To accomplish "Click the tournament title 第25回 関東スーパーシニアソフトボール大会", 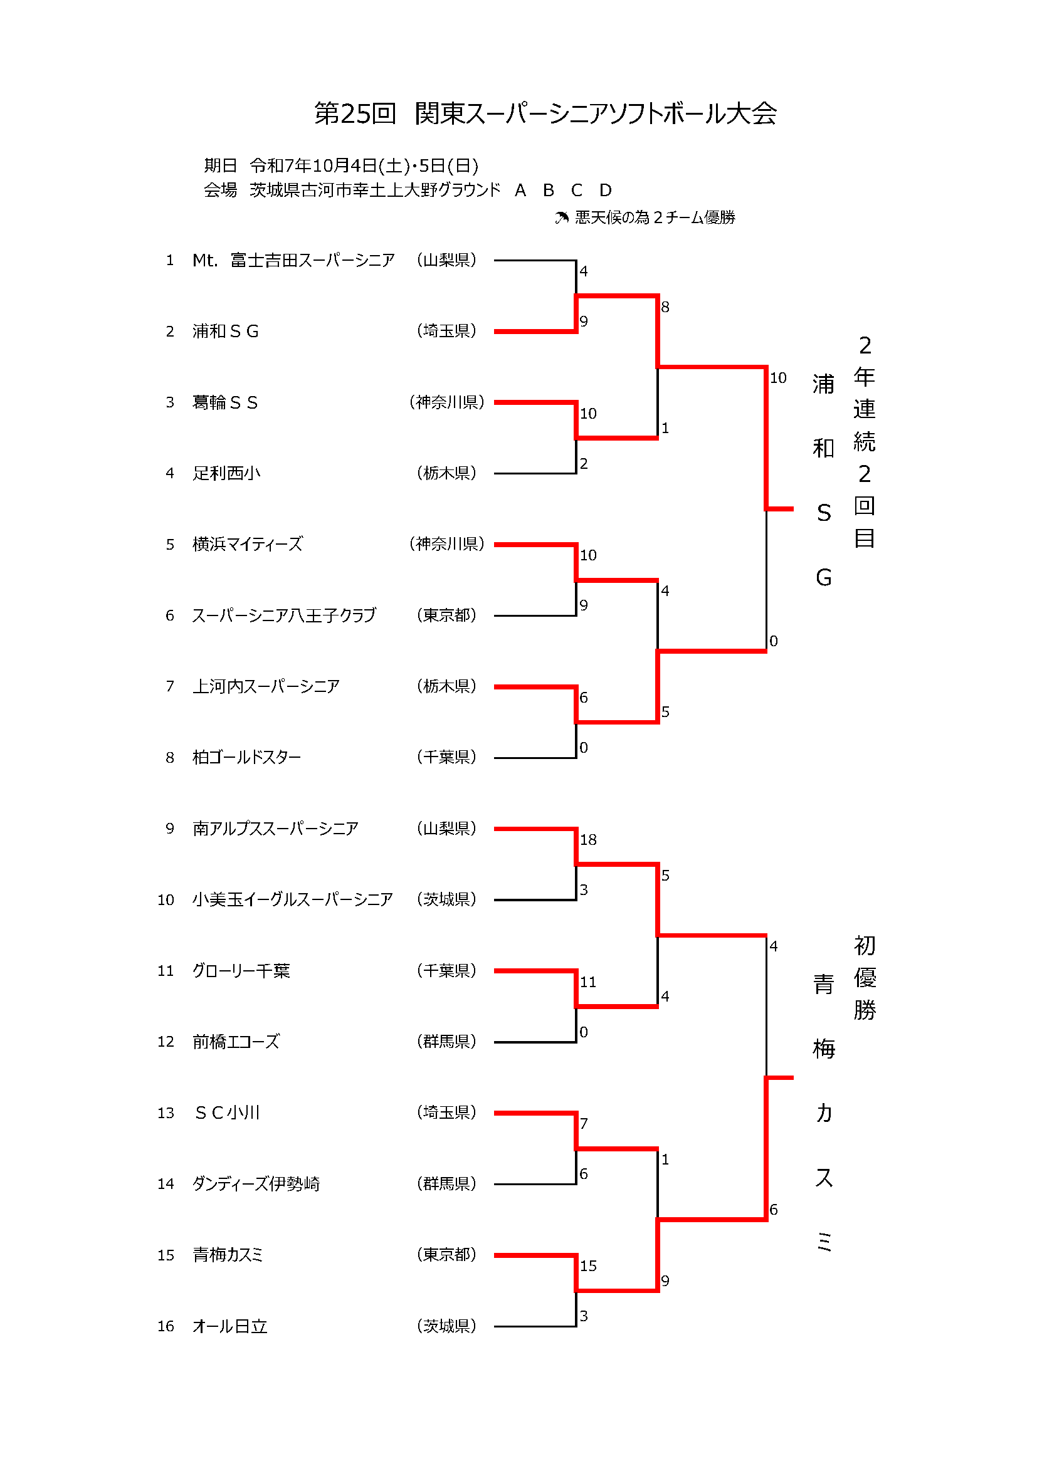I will tap(545, 113).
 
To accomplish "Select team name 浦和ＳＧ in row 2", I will tap(226, 332).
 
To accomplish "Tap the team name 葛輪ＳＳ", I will tap(225, 402).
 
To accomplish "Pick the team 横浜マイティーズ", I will tap(247, 544).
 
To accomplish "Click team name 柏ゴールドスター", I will tap(246, 757).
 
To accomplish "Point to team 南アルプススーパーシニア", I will tap(275, 828).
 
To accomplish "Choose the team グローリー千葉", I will tap(241, 970).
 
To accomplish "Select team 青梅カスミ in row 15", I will tap(228, 1255).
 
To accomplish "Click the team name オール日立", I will tap(230, 1326).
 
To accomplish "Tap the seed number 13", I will tap(166, 1113).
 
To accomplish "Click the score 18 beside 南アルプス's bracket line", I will tap(588, 840).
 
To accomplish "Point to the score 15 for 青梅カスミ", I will tap(588, 1265).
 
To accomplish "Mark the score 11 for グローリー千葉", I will tap(588, 982).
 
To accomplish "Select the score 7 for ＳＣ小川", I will tap(584, 1124).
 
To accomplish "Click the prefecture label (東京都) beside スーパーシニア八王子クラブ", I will tap(446, 615).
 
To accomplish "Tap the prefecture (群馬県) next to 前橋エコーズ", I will tap(446, 1042).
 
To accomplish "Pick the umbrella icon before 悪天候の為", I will tap(561, 218).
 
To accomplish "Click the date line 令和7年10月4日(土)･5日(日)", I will tap(364, 166).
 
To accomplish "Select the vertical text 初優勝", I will tap(865, 978).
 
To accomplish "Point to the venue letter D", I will tap(606, 191).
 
